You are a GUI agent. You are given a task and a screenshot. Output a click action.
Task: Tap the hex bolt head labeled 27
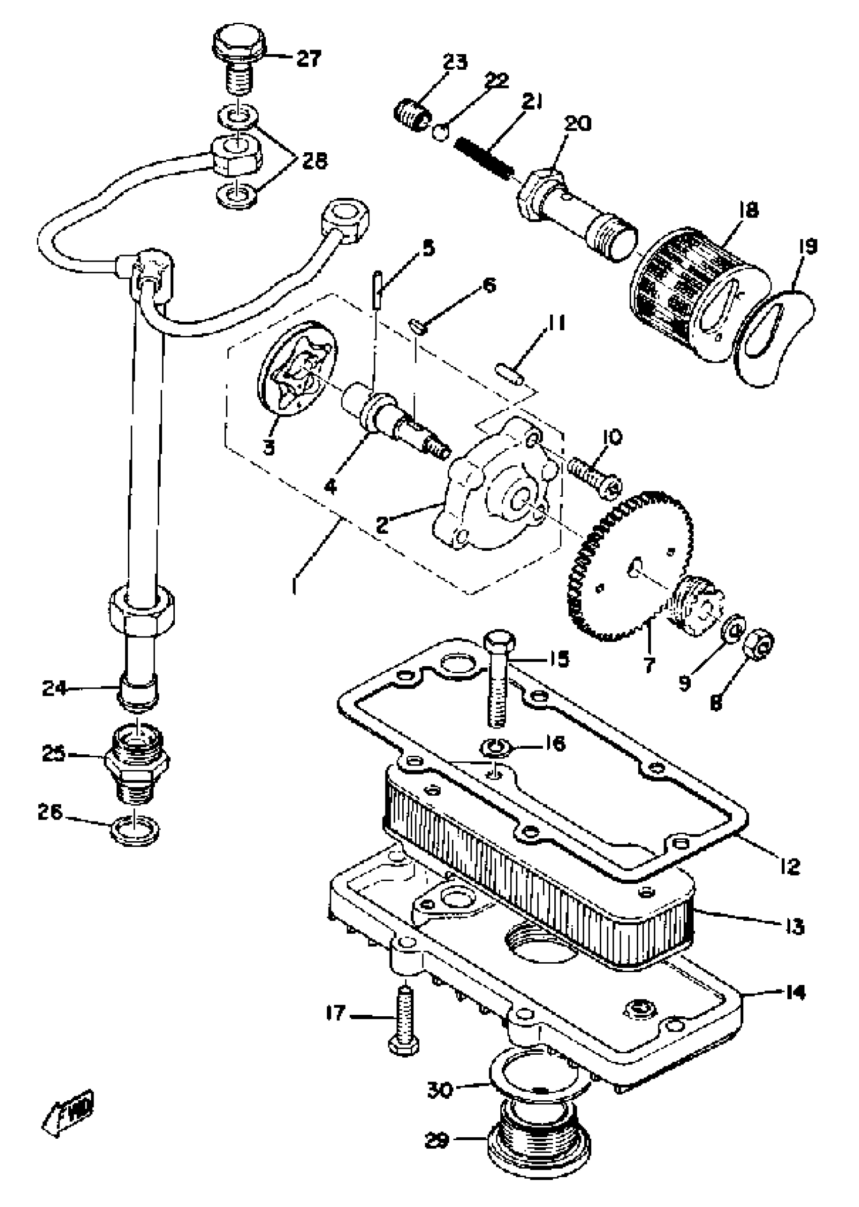(x=238, y=42)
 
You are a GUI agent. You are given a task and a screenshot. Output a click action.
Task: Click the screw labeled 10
(x=594, y=477)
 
